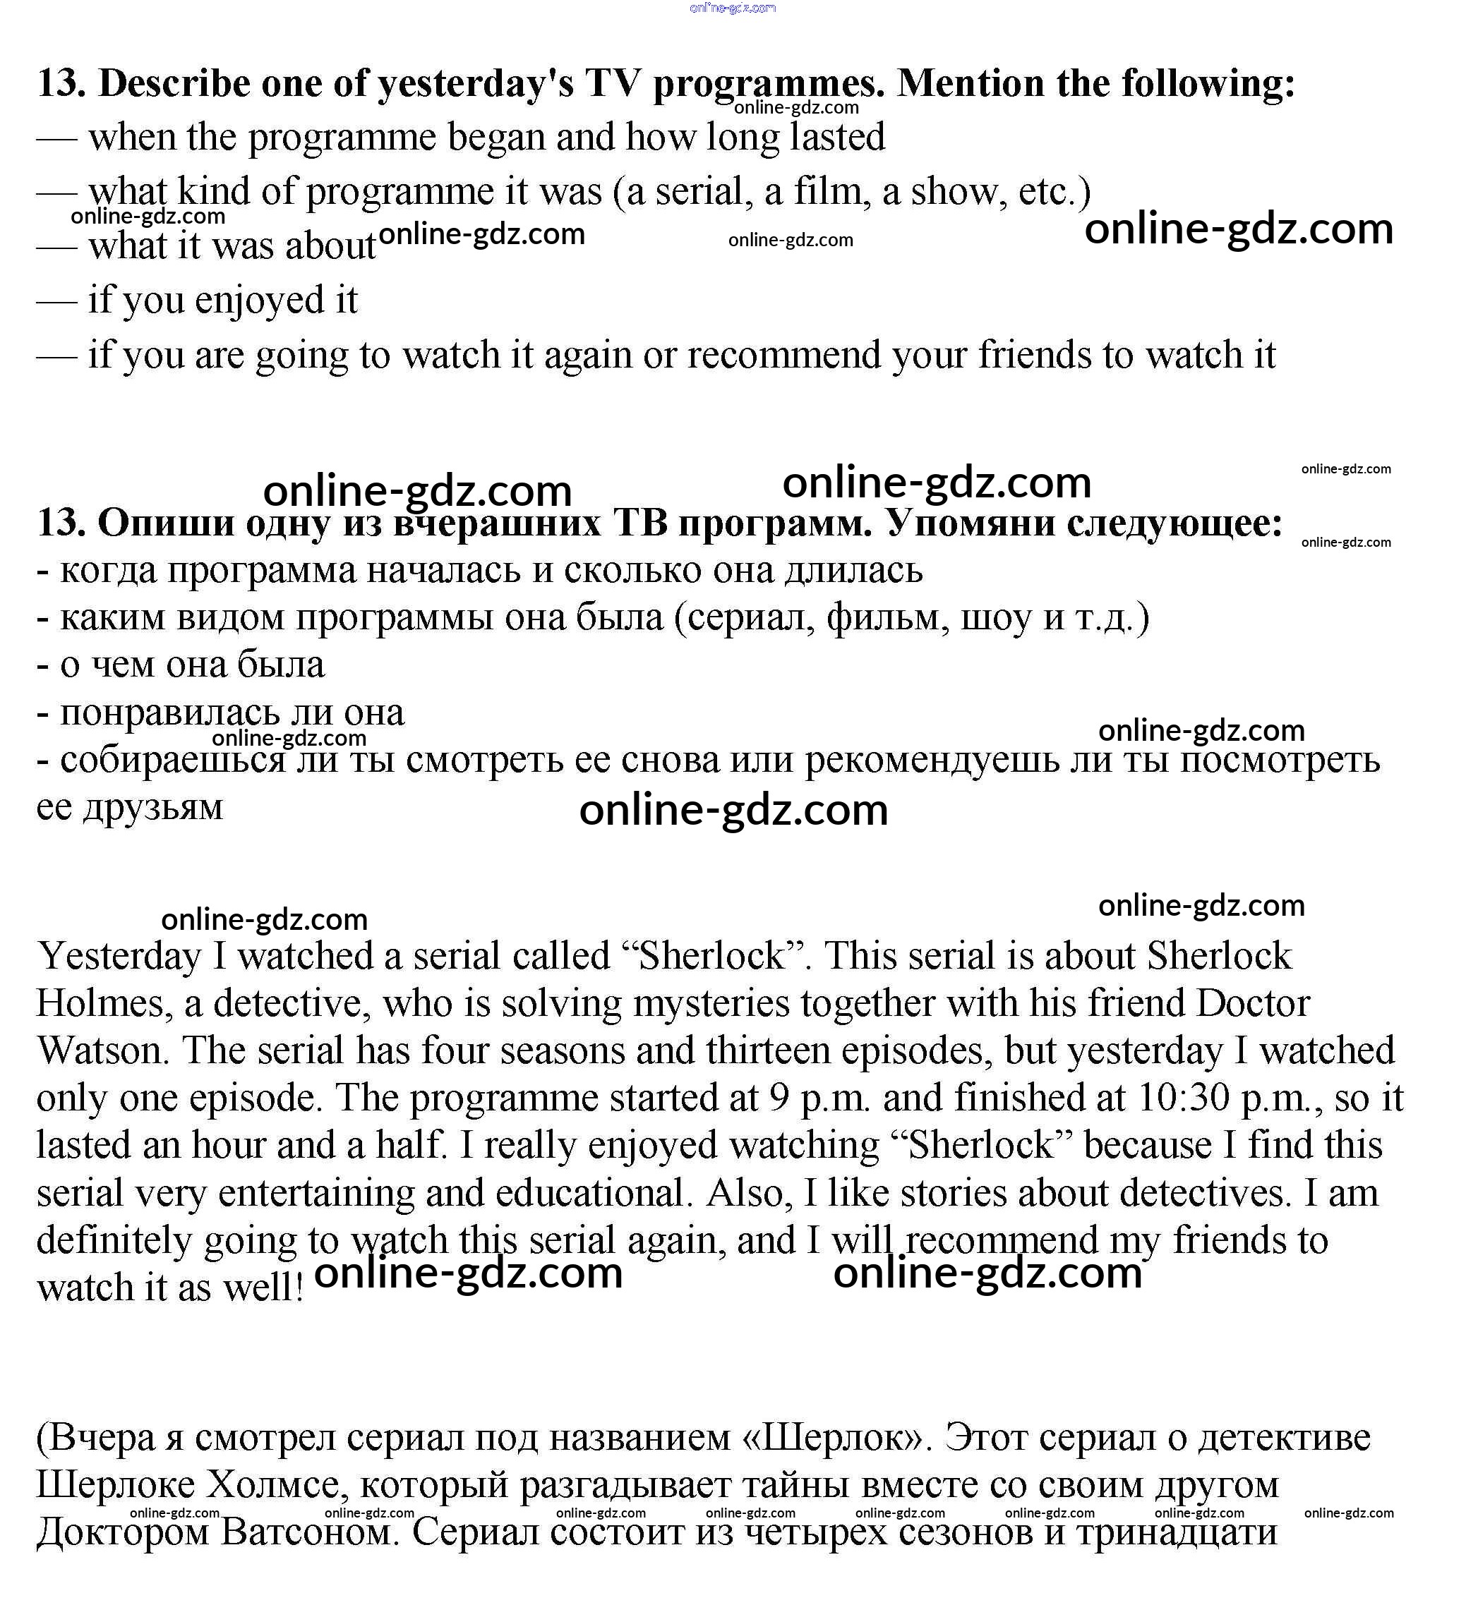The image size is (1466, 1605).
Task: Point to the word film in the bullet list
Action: (x=831, y=192)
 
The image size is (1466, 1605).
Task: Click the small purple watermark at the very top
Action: (x=733, y=8)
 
